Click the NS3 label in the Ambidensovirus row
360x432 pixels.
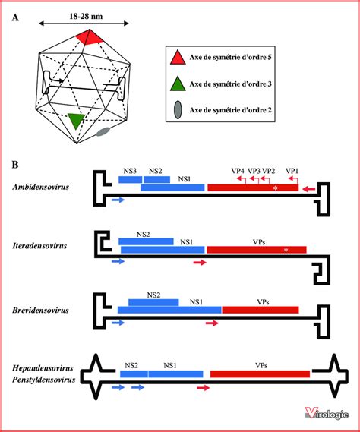(x=128, y=172)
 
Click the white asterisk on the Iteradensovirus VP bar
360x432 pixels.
(x=286, y=249)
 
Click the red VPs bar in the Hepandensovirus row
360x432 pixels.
(x=260, y=373)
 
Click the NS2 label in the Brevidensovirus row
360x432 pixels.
(x=153, y=295)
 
